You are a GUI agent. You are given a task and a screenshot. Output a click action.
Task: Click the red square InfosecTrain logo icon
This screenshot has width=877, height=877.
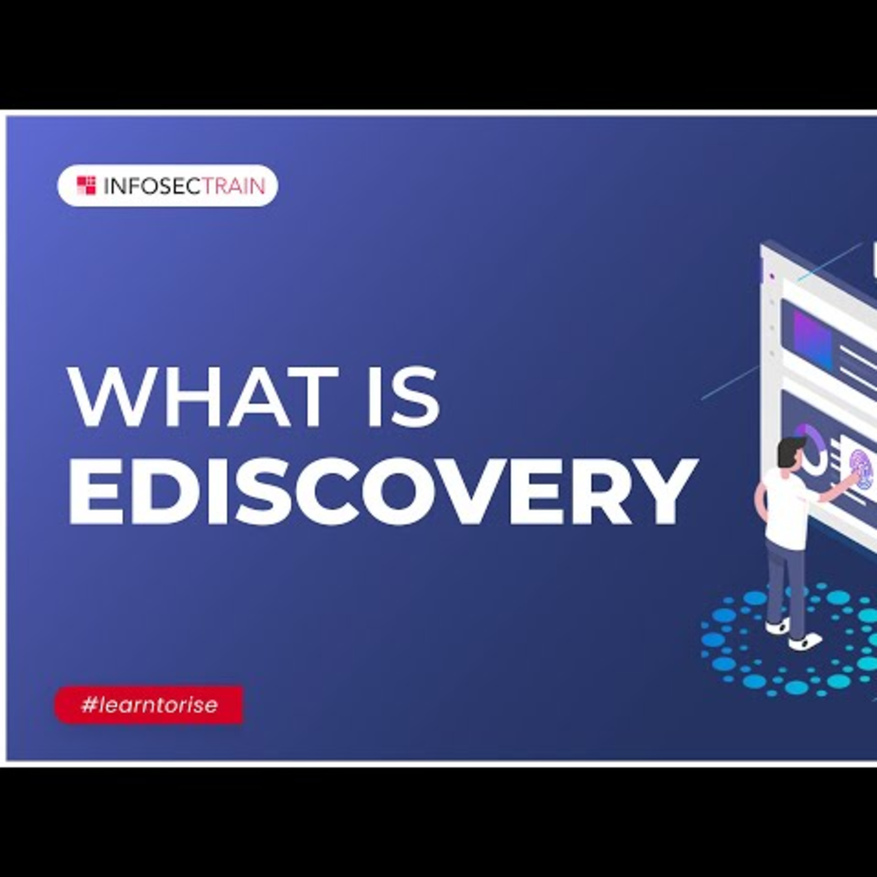[x=86, y=186]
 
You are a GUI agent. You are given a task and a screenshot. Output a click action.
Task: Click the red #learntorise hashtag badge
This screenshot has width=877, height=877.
[x=149, y=705]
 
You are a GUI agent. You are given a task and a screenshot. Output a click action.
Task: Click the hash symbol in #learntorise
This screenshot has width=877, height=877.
[x=88, y=705]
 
